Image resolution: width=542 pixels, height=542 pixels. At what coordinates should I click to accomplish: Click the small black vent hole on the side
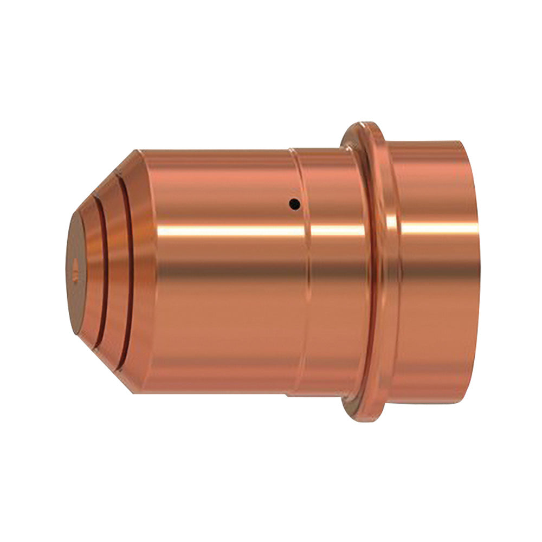[294, 204]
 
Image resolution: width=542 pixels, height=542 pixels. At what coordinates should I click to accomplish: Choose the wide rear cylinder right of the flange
[434, 298]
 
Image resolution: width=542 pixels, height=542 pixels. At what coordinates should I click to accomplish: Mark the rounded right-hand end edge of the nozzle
[475, 271]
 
